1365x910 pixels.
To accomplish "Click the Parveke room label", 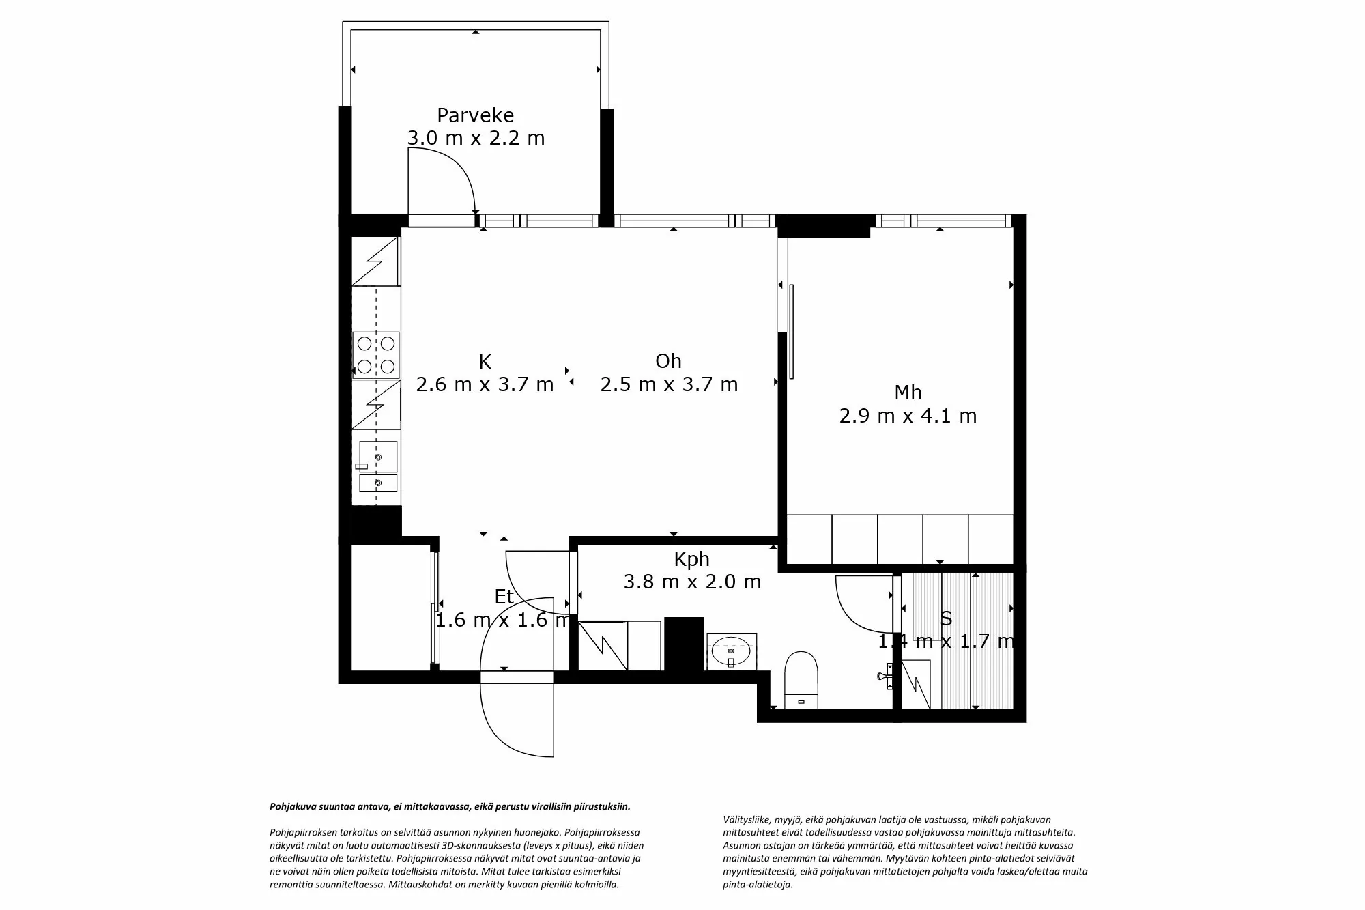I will pyautogui.click(x=475, y=115).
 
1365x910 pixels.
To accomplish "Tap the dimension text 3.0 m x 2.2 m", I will pyautogui.click(x=476, y=139).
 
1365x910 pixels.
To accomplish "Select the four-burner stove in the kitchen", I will pyautogui.click(x=376, y=355).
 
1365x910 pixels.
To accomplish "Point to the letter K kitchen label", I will pyautogui.click(x=485, y=361).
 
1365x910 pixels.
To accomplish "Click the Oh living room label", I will pyautogui.click(x=668, y=361).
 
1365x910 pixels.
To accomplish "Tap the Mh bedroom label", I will pyautogui.click(x=908, y=393).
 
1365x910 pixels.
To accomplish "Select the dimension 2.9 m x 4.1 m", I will pyautogui.click(x=908, y=416).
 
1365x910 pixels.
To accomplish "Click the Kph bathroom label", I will pyautogui.click(x=691, y=559).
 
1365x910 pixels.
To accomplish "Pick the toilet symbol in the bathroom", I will pyautogui.click(x=801, y=679).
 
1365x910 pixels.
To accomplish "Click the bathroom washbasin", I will pyautogui.click(x=731, y=652).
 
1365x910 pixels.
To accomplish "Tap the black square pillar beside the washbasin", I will pyautogui.click(x=684, y=644).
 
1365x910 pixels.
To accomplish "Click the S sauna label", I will pyautogui.click(x=946, y=618).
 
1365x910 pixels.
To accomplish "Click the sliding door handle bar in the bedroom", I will pyautogui.click(x=791, y=331).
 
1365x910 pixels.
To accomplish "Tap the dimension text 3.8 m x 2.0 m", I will pyautogui.click(x=692, y=582).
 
